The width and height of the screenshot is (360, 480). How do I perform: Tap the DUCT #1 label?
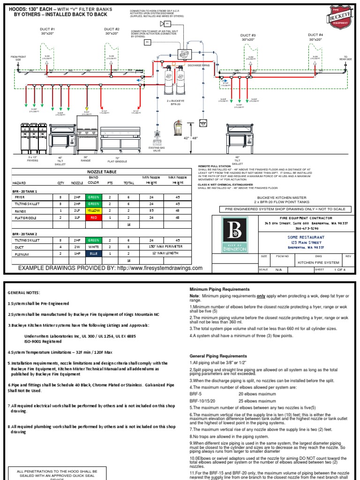46,31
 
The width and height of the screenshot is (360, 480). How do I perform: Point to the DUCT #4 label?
315,37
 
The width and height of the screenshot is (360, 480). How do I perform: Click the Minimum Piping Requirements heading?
219,289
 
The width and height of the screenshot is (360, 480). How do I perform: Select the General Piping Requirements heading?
217,356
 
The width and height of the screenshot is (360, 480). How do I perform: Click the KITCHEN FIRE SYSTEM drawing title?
318,263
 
